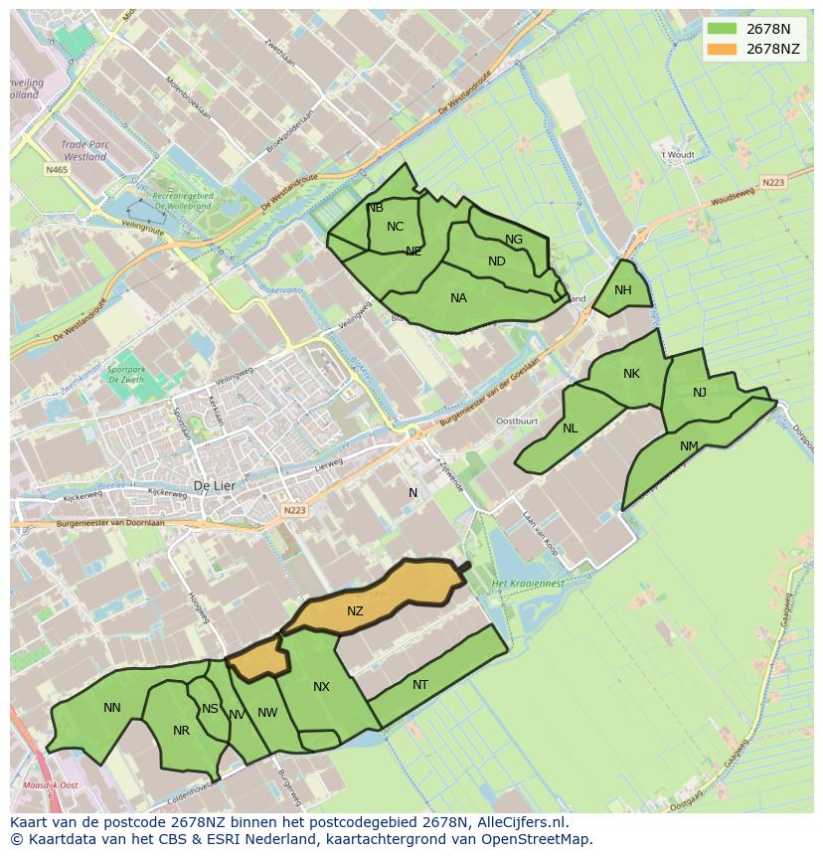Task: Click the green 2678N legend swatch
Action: (723, 29)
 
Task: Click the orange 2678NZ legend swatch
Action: (723, 49)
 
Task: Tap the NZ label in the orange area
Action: (355, 611)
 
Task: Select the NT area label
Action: (420, 685)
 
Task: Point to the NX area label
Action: (321, 687)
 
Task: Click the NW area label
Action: (267, 713)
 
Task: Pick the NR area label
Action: (181, 731)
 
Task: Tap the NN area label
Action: (112, 708)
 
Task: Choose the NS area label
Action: (210, 709)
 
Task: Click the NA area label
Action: (458, 298)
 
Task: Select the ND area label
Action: (497, 261)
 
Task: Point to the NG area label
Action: (514, 240)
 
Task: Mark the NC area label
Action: (396, 227)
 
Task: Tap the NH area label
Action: (623, 290)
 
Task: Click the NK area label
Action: (631, 374)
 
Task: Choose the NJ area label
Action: (700, 393)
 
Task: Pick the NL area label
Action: (570, 428)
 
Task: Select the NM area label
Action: (689, 446)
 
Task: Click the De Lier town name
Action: (213, 486)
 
